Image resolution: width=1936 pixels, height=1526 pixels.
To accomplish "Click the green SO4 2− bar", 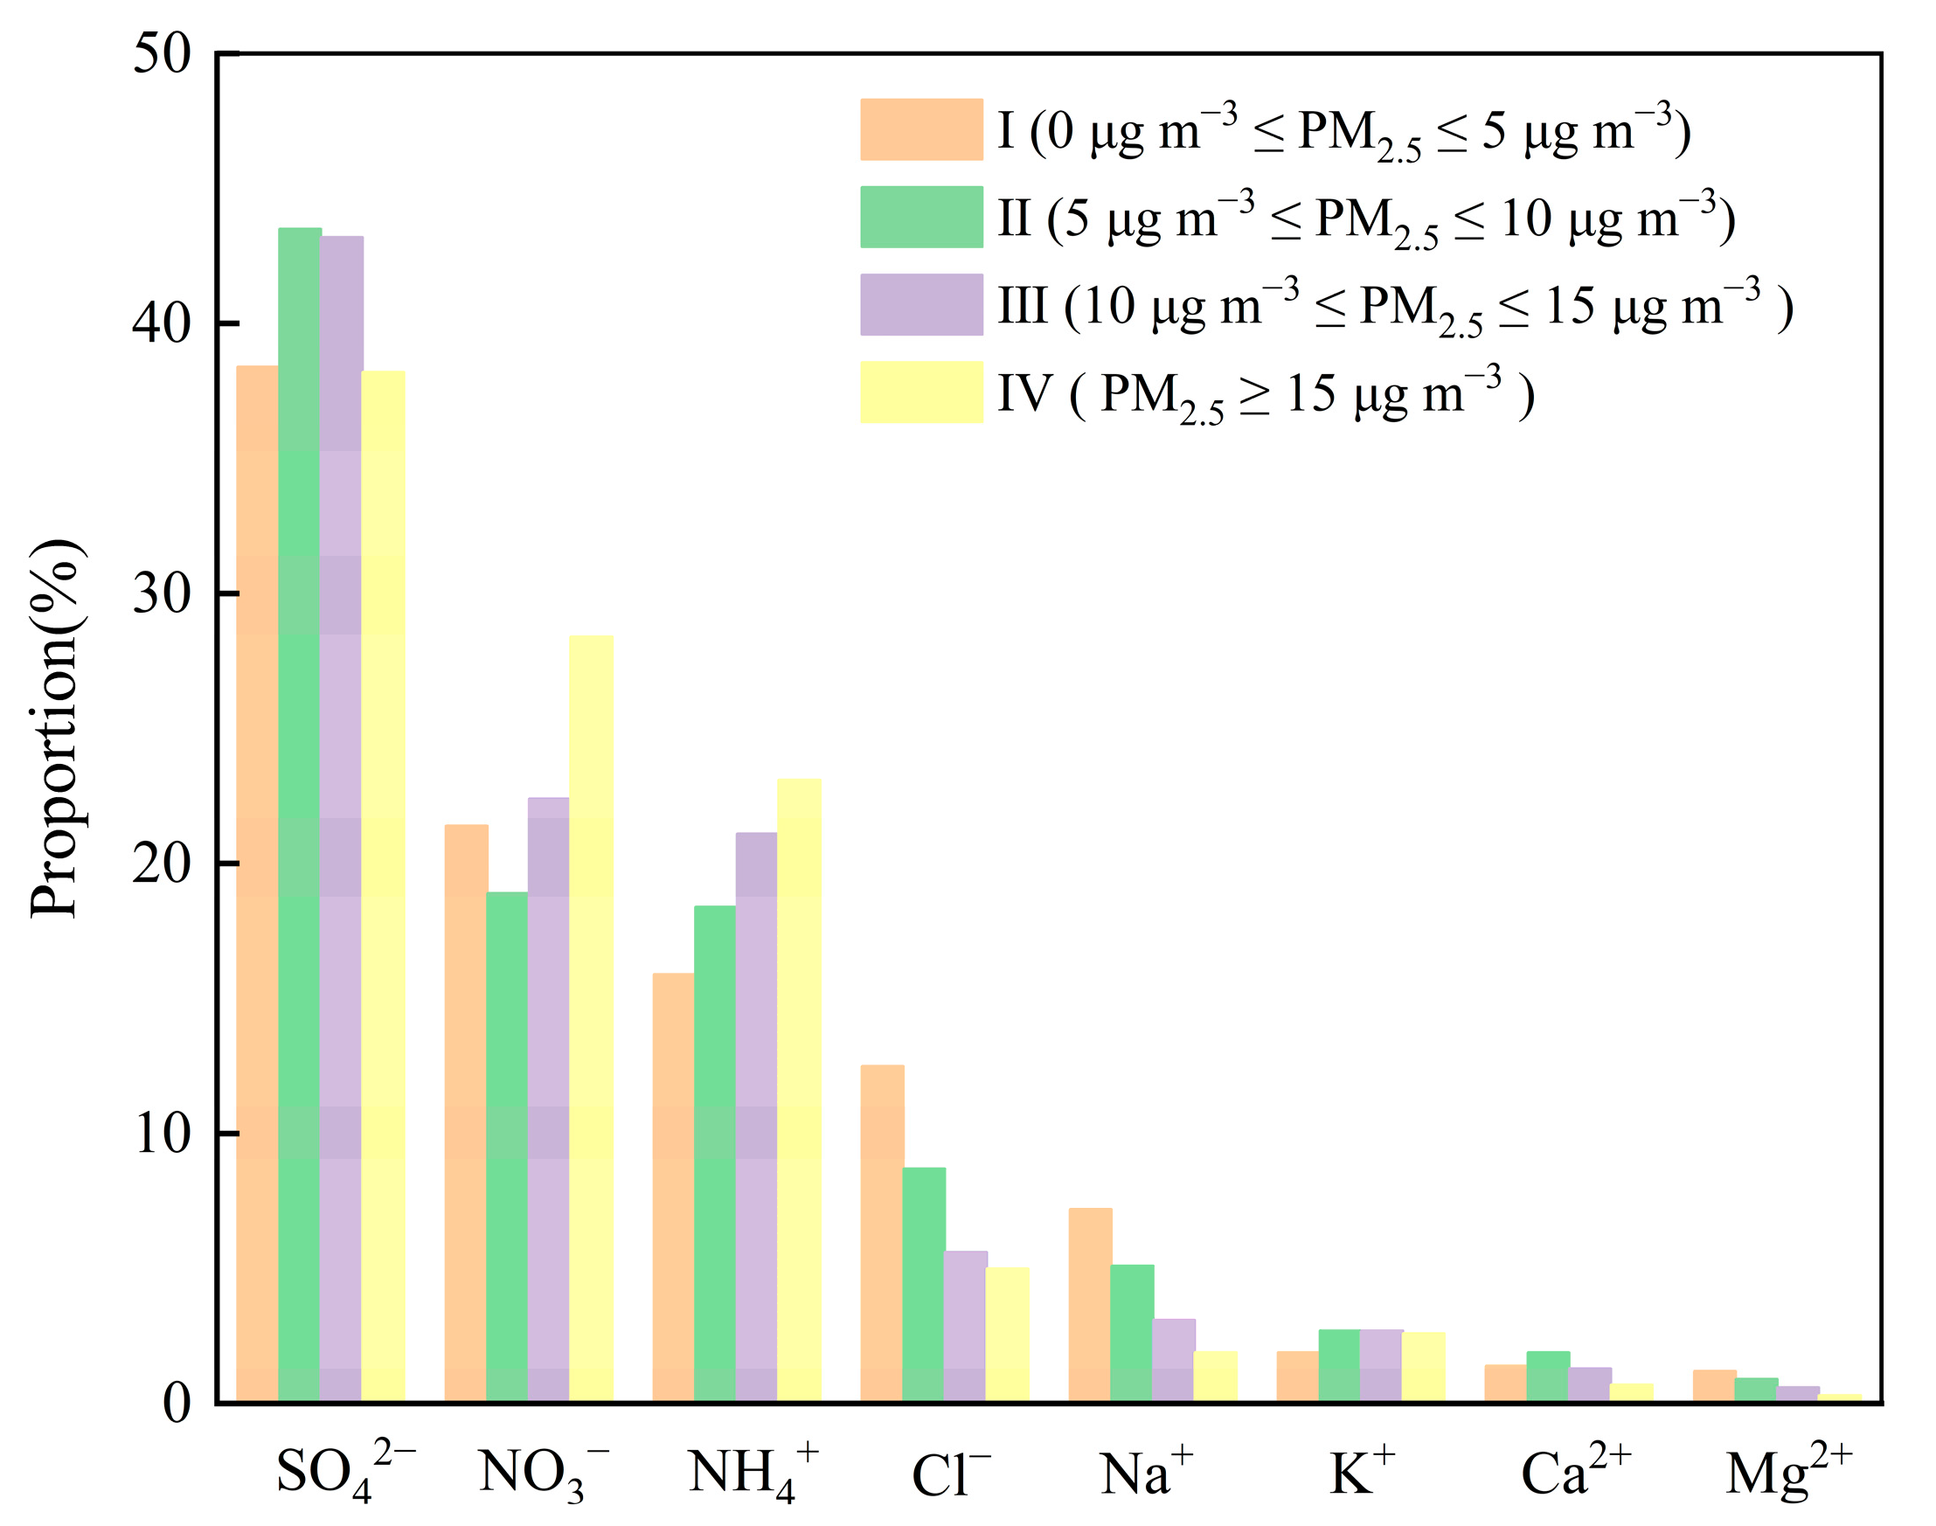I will click(299, 813).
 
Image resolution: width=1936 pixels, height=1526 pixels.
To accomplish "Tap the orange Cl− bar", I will click(882, 1232).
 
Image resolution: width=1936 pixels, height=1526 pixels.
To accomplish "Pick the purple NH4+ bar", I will click(756, 1116).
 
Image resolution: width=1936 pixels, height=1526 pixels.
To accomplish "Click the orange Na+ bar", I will click(1090, 1303).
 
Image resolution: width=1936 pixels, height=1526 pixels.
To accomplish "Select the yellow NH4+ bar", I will click(799, 1089).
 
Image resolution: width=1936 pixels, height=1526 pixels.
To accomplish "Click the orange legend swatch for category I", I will click(921, 129).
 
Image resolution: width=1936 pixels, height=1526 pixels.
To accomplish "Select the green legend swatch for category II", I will click(921, 217).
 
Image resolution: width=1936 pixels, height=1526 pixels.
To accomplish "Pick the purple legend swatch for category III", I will click(921, 305).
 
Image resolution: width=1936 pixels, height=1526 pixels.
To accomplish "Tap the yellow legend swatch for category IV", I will click(921, 392).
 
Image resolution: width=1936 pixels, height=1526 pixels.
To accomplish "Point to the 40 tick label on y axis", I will click(162, 323).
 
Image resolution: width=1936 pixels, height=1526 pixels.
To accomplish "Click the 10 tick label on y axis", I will click(162, 1134).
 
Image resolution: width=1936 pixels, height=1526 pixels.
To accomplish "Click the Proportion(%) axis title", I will click(55, 728).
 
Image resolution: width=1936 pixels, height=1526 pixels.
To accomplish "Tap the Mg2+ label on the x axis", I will click(1787, 1471).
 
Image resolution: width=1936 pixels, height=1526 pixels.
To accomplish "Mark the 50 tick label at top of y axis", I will click(162, 53).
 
